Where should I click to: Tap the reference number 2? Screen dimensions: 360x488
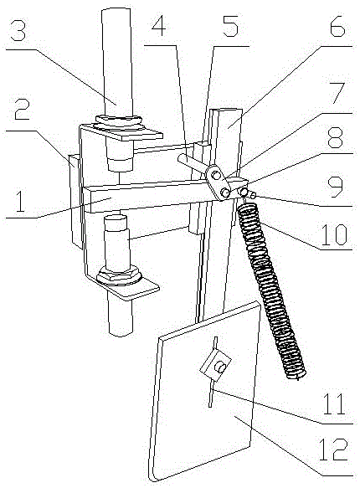pyautogui.click(x=22, y=110)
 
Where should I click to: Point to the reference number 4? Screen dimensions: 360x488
pyautogui.click(x=158, y=27)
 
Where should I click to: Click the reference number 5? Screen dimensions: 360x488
pyautogui.click(x=230, y=27)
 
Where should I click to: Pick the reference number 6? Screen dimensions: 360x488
pyautogui.click(x=337, y=27)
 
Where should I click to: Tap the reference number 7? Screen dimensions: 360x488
pyautogui.click(x=337, y=94)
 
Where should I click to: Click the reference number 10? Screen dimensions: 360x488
pyautogui.click(x=333, y=234)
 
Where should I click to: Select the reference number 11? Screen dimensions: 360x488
pyautogui.click(x=334, y=404)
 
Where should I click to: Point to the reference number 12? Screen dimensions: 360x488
pyautogui.click(x=333, y=449)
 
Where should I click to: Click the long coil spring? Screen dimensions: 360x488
pyautogui.click(x=270, y=291)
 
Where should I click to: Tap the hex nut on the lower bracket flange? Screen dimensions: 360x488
pyautogui.click(x=119, y=275)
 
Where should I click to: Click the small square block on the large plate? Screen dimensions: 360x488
pyautogui.click(x=216, y=365)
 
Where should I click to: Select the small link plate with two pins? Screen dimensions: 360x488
pyautogui.click(x=218, y=182)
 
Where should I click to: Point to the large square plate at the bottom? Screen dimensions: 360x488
pyautogui.click(x=204, y=391)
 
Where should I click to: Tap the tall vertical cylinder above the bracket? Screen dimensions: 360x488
pyautogui.click(x=116, y=62)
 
